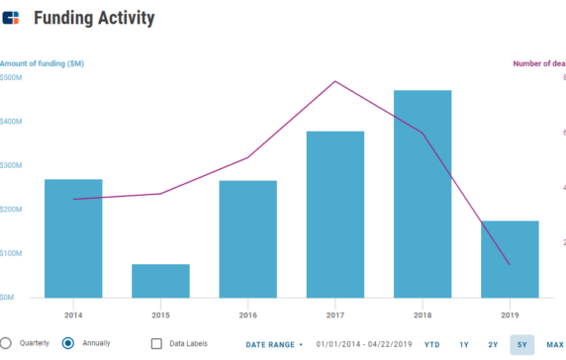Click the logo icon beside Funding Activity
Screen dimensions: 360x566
point(11,18)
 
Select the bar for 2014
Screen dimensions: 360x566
point(73,237)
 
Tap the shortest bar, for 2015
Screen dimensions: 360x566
point(160,281)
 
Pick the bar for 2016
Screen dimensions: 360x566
point(247,238)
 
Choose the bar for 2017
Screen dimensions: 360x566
point(334,214)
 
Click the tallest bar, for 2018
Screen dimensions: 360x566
point(423,193)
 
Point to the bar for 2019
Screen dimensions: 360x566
point(510,258)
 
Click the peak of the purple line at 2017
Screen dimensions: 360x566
point(335,81)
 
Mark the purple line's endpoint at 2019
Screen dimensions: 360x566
point(510,264)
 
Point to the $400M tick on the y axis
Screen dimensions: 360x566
point(12,122)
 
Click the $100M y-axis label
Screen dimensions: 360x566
point(12,253)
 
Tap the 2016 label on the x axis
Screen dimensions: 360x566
point(247,314)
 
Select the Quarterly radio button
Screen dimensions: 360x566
point(6,343)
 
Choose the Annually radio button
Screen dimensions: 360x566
point(68,343)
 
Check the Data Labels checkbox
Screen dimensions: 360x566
point(157,343)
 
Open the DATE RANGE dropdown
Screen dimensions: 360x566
point(274,344)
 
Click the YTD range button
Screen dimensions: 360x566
point(432,344)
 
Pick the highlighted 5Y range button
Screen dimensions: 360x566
point(521,344)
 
